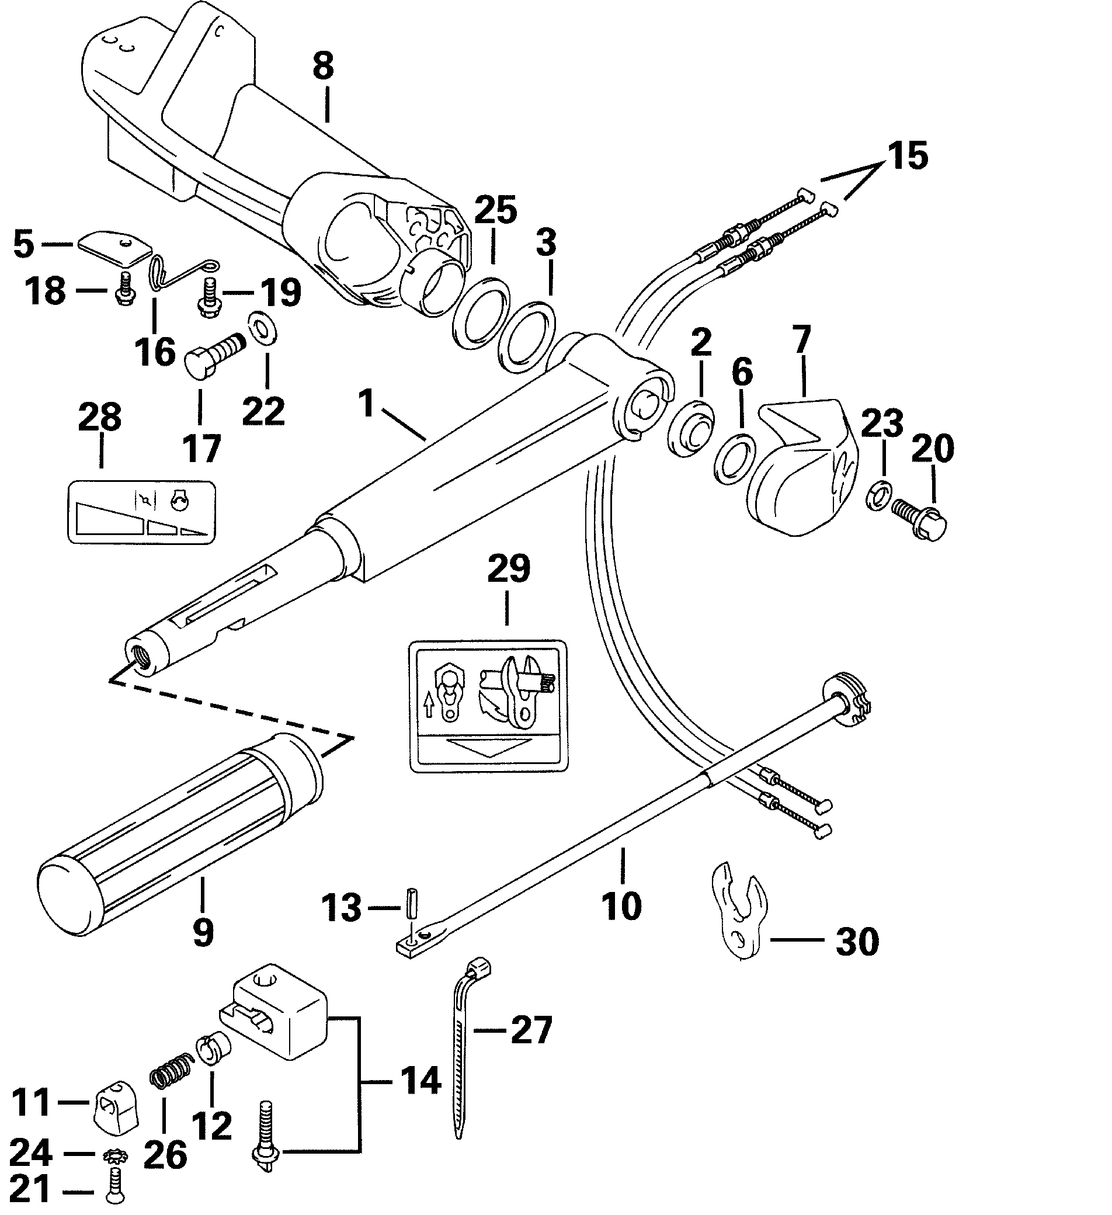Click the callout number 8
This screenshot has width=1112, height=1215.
pyautogui.click(x=324, y=66)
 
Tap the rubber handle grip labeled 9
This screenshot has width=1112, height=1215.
pyautogui.click(x=181, y=824)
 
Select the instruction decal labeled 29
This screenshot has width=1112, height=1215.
pyautogui.click(x=488, y=706)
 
